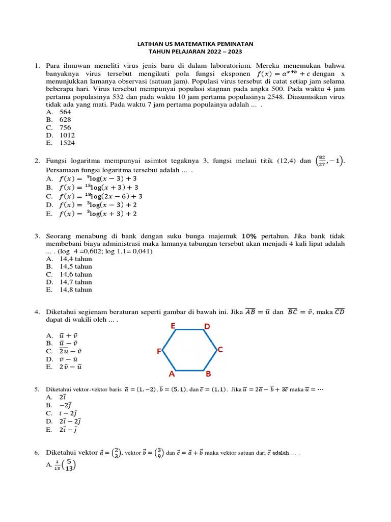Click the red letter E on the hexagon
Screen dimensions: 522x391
tap(173, 326)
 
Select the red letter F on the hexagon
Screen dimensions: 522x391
tap(159, 351)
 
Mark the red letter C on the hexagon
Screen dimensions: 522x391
tap(220, 350)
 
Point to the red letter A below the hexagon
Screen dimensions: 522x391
tap(172, 374)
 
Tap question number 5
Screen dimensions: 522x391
tap(37, 389)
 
